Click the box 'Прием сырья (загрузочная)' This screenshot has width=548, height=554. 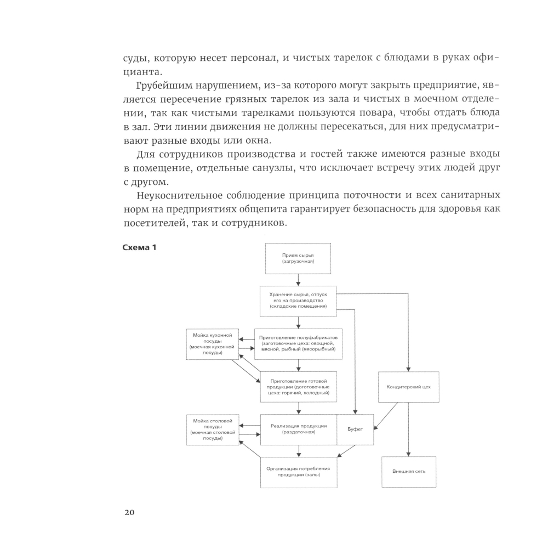click(298, 258)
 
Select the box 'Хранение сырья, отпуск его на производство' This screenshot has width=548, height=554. click(298, 301)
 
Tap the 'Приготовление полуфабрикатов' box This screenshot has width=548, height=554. click(298, 344)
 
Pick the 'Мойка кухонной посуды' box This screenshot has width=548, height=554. click(213, 344)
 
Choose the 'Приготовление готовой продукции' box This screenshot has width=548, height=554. click(298, 387)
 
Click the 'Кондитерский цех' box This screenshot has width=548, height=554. click(408, 387)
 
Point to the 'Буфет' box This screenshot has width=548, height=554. click(355, 429)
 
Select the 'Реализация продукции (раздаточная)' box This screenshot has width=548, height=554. click(298, 429)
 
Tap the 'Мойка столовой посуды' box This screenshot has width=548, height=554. click(213, 429)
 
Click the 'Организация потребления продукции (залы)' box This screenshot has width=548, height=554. click(298, 472)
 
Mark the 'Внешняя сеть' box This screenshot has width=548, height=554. click(408, 472)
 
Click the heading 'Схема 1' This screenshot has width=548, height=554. click(139, 248)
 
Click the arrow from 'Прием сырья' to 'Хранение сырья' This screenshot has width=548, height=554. click(298, 280)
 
